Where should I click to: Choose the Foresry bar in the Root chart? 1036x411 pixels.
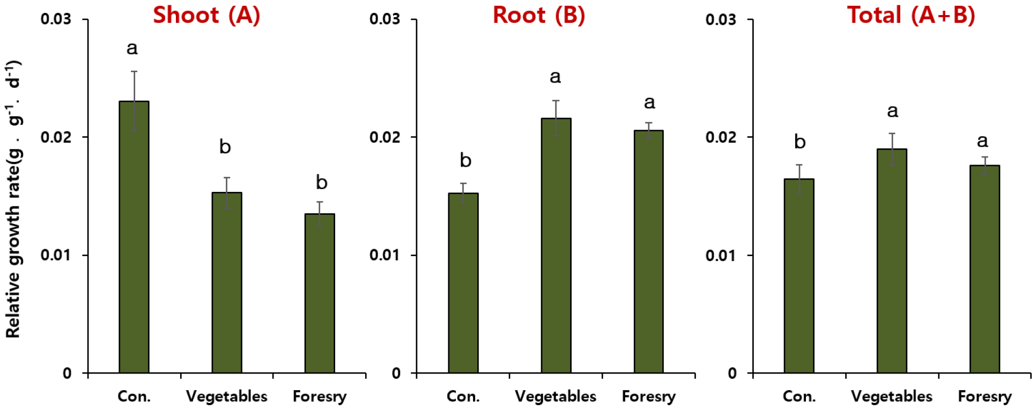(649, 251)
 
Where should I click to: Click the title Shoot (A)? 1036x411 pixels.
(206, 15)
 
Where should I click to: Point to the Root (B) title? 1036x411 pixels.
(538, 15)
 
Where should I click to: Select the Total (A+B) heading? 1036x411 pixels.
(911, 15)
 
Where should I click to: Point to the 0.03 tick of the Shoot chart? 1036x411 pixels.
(56, 19)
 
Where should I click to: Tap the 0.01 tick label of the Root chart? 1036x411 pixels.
(384, 255)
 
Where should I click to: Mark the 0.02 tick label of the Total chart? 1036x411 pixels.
(721, 137)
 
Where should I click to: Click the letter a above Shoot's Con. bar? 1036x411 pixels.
(132, 49)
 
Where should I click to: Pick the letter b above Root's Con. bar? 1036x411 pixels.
(465, 160)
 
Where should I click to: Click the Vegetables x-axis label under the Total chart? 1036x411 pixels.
(891, 397)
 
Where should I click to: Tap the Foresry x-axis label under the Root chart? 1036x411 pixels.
(648, 397)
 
